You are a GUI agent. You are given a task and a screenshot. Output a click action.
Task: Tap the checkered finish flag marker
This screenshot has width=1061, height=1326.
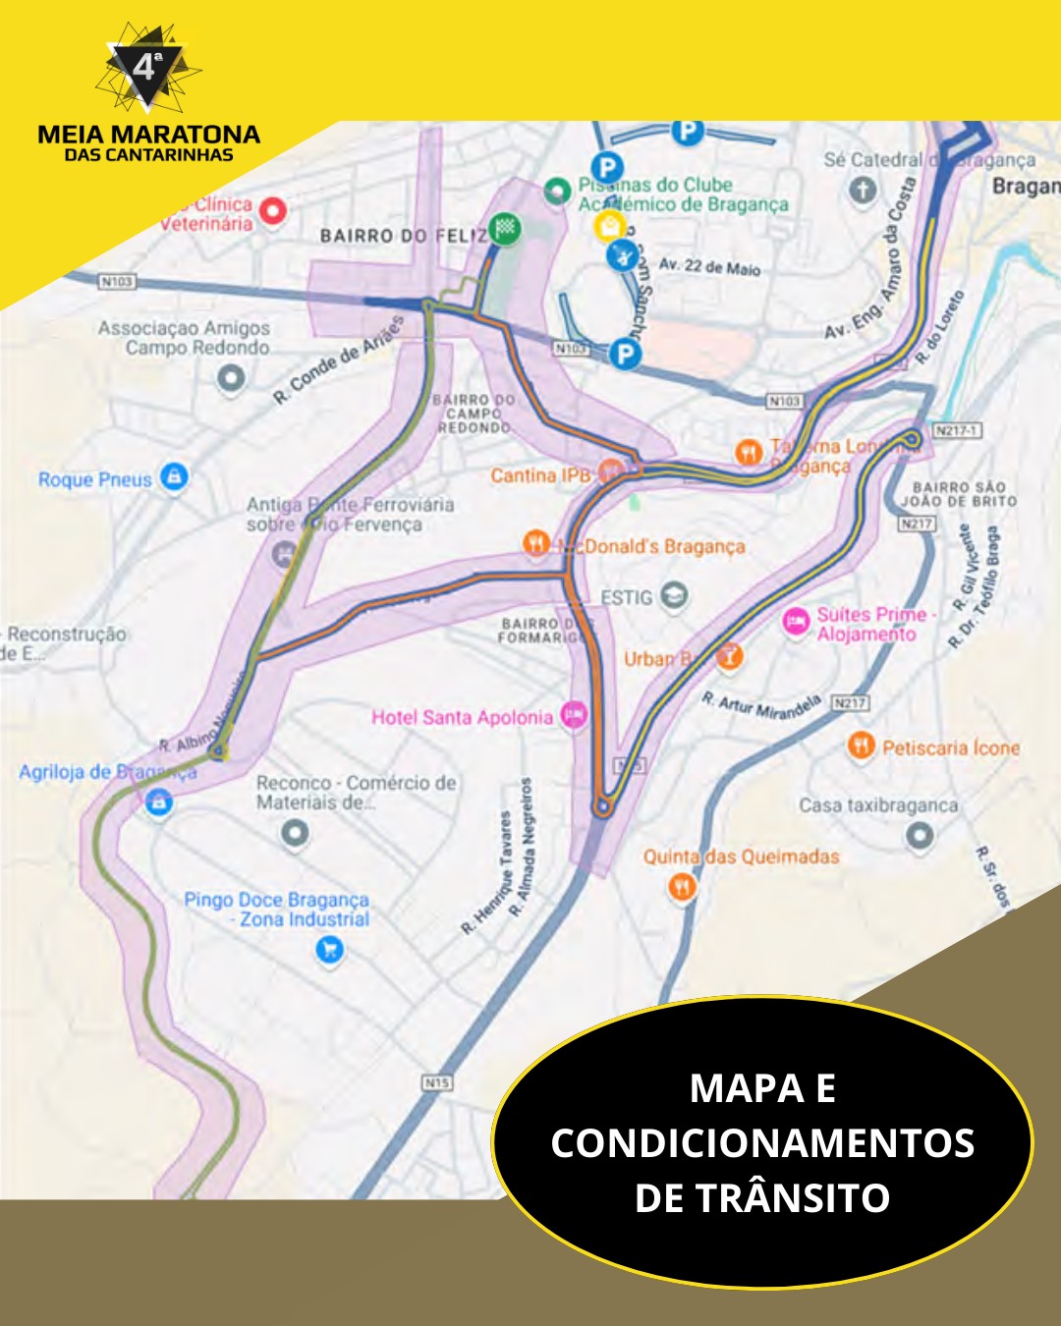coord(505,228)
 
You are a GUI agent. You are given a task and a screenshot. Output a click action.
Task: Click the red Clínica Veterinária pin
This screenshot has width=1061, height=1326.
coord(272,210)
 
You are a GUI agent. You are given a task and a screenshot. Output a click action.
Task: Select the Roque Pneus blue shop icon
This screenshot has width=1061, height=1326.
coord(174,477)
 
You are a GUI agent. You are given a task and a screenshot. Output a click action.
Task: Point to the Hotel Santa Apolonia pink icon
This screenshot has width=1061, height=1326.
coord(574,715)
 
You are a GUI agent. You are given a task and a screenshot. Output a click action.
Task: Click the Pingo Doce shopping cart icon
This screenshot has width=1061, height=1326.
coord(329,949)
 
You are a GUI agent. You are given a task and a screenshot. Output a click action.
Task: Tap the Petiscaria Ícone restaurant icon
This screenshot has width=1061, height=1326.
coord(861,746)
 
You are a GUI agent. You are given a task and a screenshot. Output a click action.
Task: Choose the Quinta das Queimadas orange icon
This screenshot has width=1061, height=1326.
coord(682,887)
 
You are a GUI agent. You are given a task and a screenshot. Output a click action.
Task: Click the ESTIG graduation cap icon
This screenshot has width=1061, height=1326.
coord(673,595)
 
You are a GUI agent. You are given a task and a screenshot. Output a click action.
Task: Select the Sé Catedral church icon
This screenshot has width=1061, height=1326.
coord(863,190)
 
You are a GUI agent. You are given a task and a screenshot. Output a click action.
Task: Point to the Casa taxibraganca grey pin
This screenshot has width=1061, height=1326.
coord(919,835)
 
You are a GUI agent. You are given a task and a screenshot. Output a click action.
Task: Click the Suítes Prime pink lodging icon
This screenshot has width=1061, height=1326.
coord(796,622)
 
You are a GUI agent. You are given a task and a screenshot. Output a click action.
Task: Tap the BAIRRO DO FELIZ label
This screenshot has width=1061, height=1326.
coord(403,236)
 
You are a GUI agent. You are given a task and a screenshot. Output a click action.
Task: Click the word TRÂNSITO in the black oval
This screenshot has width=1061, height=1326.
coord(762,1197)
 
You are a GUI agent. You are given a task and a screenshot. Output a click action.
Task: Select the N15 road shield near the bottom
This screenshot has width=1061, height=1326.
coord(436,1081)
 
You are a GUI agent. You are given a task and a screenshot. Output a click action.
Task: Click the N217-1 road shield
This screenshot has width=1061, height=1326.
coord(956,430)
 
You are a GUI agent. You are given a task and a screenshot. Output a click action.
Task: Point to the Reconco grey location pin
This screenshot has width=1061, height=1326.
coord(295,833)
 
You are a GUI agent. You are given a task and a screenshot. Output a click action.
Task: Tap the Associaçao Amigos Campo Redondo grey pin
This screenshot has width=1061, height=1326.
coord(231,377)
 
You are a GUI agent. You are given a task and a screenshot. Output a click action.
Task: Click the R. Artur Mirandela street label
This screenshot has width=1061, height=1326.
coord(761,704)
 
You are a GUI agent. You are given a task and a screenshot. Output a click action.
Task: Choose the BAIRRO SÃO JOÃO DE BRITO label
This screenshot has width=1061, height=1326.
coord(959,494)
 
